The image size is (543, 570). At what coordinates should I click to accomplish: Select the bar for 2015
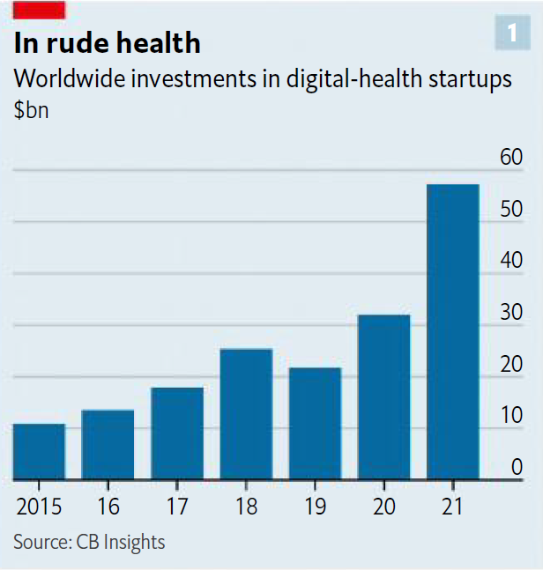[x=39, y=452]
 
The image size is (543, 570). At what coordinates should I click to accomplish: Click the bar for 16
[x=108, y=445]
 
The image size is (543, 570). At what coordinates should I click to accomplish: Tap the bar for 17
[x=177, y=433]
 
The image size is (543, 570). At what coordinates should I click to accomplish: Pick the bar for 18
[x=246, y=414]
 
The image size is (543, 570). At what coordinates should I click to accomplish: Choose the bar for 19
[x=315, y=424]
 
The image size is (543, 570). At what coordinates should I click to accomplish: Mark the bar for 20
[x=384, y=397]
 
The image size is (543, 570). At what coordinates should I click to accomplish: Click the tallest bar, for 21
[x=453, y=332]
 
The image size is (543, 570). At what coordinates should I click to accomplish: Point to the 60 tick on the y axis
[x=511, y=159]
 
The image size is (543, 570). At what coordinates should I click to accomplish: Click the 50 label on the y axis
[x=511, y=211]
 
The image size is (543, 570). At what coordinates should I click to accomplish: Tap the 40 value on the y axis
[x=511, y=262]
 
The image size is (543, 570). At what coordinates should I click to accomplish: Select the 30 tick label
[x=511, y=314]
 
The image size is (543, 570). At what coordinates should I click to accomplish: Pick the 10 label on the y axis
[x=511, y=417]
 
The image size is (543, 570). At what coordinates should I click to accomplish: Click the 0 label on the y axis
[x=518, y=468]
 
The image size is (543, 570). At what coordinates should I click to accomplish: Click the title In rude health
[x=107, y=42]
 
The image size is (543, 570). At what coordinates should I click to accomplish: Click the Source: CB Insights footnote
[x=89, y=541]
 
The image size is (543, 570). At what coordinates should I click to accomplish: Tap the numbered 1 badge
[x=511, y=33]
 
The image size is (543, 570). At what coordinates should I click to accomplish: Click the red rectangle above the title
[x=39, y=10]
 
